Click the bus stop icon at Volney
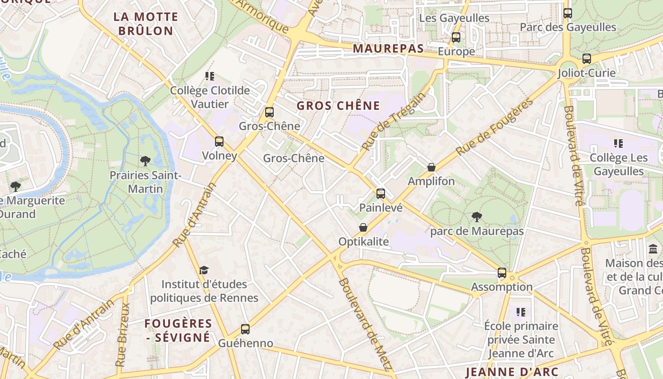219,142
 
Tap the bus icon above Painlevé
381,193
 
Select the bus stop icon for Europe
456,37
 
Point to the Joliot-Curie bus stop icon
587,59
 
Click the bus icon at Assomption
502,273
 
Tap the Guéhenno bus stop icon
245,329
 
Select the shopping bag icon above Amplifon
431,167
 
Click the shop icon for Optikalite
363,228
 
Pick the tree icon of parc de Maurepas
477,217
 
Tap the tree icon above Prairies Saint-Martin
145,161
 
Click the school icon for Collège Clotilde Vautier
210,76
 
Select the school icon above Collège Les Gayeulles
618,143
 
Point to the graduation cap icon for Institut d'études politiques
204,270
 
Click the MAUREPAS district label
388,48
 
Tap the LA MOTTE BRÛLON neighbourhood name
146,24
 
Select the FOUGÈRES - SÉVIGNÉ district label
178,330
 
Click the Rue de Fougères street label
494,127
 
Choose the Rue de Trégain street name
393,122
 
